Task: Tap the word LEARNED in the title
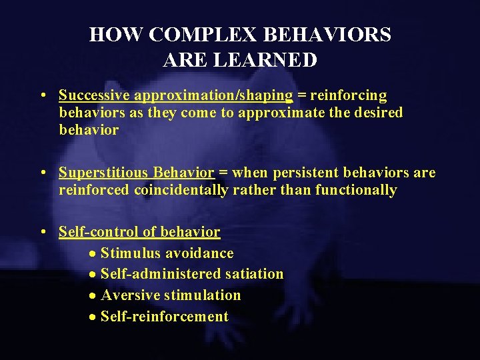tap(273, 60)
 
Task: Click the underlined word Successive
tap(93, 95)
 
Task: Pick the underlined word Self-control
tap(94, 232)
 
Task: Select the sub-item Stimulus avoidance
tap(167, 253)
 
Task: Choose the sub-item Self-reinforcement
tap(164, 317)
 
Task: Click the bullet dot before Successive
tap(43, 96)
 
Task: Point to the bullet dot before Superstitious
tap(43, 173)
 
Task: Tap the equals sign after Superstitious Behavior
tap(223, 173)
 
